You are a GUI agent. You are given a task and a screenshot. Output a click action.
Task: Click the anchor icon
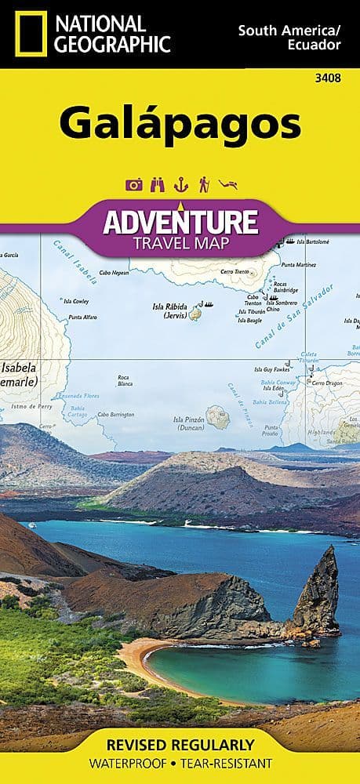[179, 185]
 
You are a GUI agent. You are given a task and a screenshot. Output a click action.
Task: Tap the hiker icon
[203, 185]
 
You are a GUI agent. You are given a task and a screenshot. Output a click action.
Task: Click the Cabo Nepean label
[114, 272]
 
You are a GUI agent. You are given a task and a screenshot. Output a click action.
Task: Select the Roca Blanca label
[124, 381]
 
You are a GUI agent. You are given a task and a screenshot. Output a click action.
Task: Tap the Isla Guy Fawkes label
[271, 369]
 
